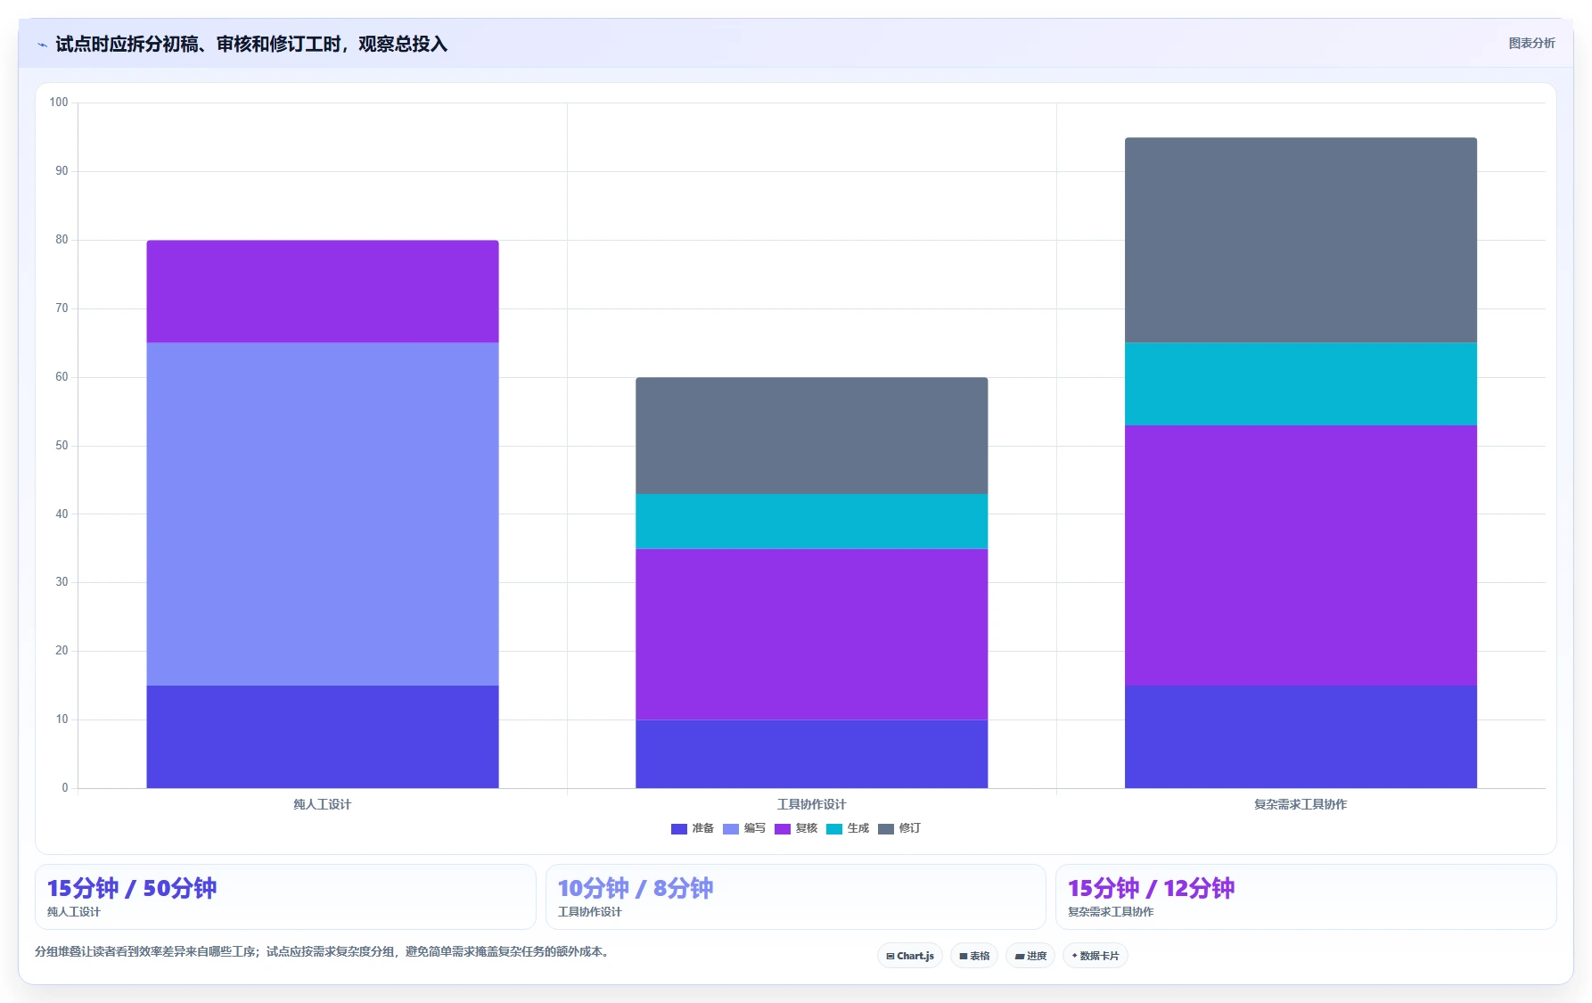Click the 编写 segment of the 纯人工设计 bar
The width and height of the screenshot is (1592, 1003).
click(322, 514)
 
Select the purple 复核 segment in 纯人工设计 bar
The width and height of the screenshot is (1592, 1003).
click(322, 292)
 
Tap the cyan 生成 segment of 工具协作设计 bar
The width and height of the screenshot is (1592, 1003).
click(811, 522)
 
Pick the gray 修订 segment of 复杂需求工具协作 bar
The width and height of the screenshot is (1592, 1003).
click(1301, 240)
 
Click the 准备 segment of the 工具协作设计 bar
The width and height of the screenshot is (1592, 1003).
click(811, 753)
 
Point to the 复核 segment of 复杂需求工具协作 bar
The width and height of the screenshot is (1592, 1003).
click(1301, 555)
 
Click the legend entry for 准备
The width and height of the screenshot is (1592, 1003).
click(693, 828)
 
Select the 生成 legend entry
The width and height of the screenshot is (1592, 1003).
click(848, 828)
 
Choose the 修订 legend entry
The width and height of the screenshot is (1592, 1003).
click(899, 828)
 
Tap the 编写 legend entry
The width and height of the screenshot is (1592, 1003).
click(744, 828)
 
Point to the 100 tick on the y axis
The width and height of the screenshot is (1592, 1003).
click(59, 103)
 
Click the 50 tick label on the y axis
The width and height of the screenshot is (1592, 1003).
click(62, 446)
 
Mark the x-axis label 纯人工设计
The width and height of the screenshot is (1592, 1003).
click(322, 804)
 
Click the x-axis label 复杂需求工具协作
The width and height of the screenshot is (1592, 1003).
click(1301, 804)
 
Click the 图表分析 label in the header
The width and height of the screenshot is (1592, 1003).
click(1531, 43)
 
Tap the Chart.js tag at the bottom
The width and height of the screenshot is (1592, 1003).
click(910, 956)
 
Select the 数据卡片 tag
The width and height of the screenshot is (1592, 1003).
click(1095, 956)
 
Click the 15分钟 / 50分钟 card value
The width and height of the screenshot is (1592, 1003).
click(132, 888)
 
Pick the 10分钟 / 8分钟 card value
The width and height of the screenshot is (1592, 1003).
click(636, 888)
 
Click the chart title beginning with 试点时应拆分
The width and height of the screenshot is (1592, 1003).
click(251, 44)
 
